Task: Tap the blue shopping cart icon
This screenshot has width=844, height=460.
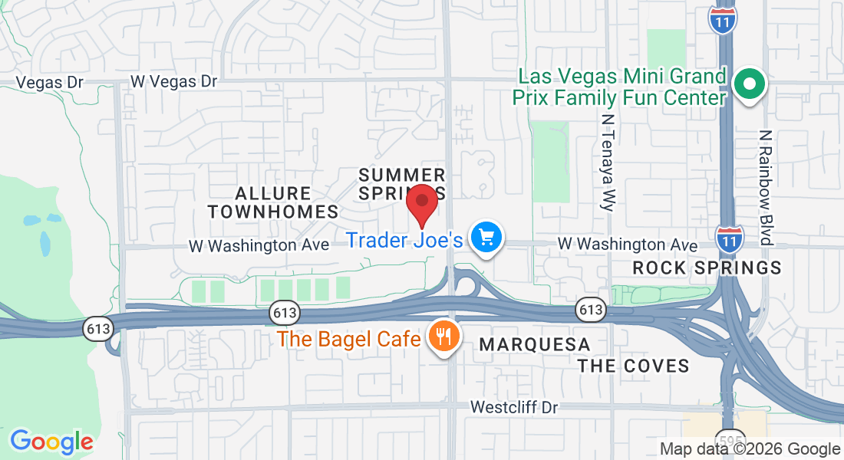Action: click(486, 238)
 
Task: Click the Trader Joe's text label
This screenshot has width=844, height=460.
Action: click(404, 241)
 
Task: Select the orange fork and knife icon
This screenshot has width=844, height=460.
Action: click(443, 336)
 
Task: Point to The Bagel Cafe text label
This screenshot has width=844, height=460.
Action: click(349, 338)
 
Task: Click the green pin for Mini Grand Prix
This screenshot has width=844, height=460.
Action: click(749, 84)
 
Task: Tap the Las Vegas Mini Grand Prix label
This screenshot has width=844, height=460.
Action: click(622, 87)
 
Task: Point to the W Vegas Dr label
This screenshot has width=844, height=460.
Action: click(174, 81)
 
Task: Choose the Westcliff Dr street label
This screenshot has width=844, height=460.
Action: click(515, 407)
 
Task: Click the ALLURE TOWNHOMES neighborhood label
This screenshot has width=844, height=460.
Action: click(273, 202)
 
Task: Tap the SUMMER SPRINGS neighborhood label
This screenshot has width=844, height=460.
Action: click(401, 184)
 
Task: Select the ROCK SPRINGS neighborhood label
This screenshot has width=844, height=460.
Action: click(707, 268)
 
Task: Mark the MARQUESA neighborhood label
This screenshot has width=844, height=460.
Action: click(534, 345)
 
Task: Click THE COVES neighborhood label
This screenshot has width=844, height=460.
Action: click(634, 366)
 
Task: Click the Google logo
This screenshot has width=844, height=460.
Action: click(51, 442)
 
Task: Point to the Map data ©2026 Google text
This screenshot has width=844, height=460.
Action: click(750, 449)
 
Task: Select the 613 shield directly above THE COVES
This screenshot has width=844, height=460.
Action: click(591, 310)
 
